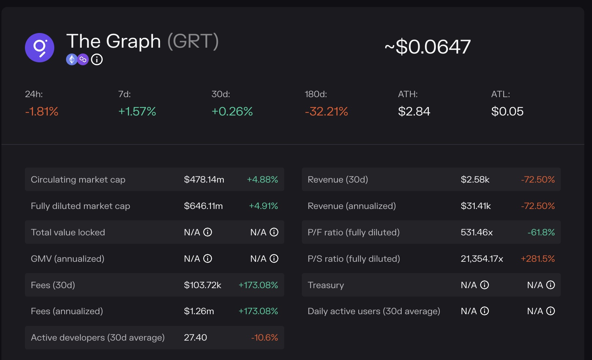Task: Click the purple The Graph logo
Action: point(40,48)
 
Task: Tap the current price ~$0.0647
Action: point(428,47)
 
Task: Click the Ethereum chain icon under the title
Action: point(72,59)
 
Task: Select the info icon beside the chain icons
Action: point(97,59)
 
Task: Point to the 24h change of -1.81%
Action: point(42,111)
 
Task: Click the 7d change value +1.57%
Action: point(137,111)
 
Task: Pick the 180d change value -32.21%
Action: point(326,111)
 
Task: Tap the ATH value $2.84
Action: point(414,111)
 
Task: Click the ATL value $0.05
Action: point(507,111)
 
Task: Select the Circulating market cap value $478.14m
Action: point(204,180)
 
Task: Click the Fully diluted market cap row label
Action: point(80,206)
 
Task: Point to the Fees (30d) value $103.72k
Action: point(202,285)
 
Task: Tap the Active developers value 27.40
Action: point(195,338)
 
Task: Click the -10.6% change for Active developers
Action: point(264,338)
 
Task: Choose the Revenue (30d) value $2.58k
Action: point(475,180)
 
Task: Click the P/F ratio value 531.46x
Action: point(477,232)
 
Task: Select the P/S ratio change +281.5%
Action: point(538,259)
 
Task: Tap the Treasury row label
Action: point(326,285)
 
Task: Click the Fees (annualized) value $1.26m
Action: point(199,311)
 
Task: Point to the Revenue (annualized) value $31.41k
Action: point(476,206)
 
